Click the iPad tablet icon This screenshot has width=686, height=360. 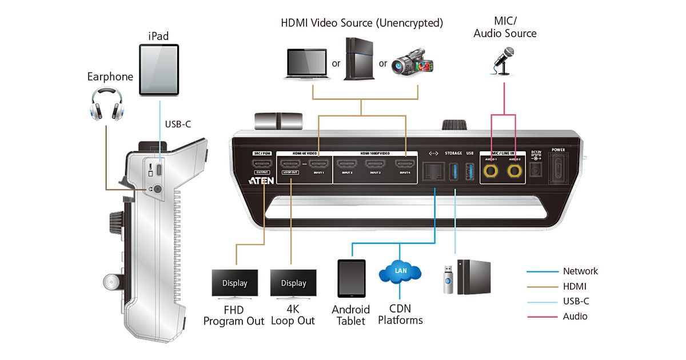click(159, 70)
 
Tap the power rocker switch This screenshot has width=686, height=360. click(558, 169)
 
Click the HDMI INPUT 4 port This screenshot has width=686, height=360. click(405, 166)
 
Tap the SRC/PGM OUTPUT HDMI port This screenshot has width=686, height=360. click(264, 166)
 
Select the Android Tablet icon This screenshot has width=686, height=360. click(351, 278)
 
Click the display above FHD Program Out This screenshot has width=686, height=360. click(235, 283)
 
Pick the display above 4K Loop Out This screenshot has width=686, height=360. click(293, 283)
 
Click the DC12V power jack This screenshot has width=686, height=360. click(535, 169)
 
